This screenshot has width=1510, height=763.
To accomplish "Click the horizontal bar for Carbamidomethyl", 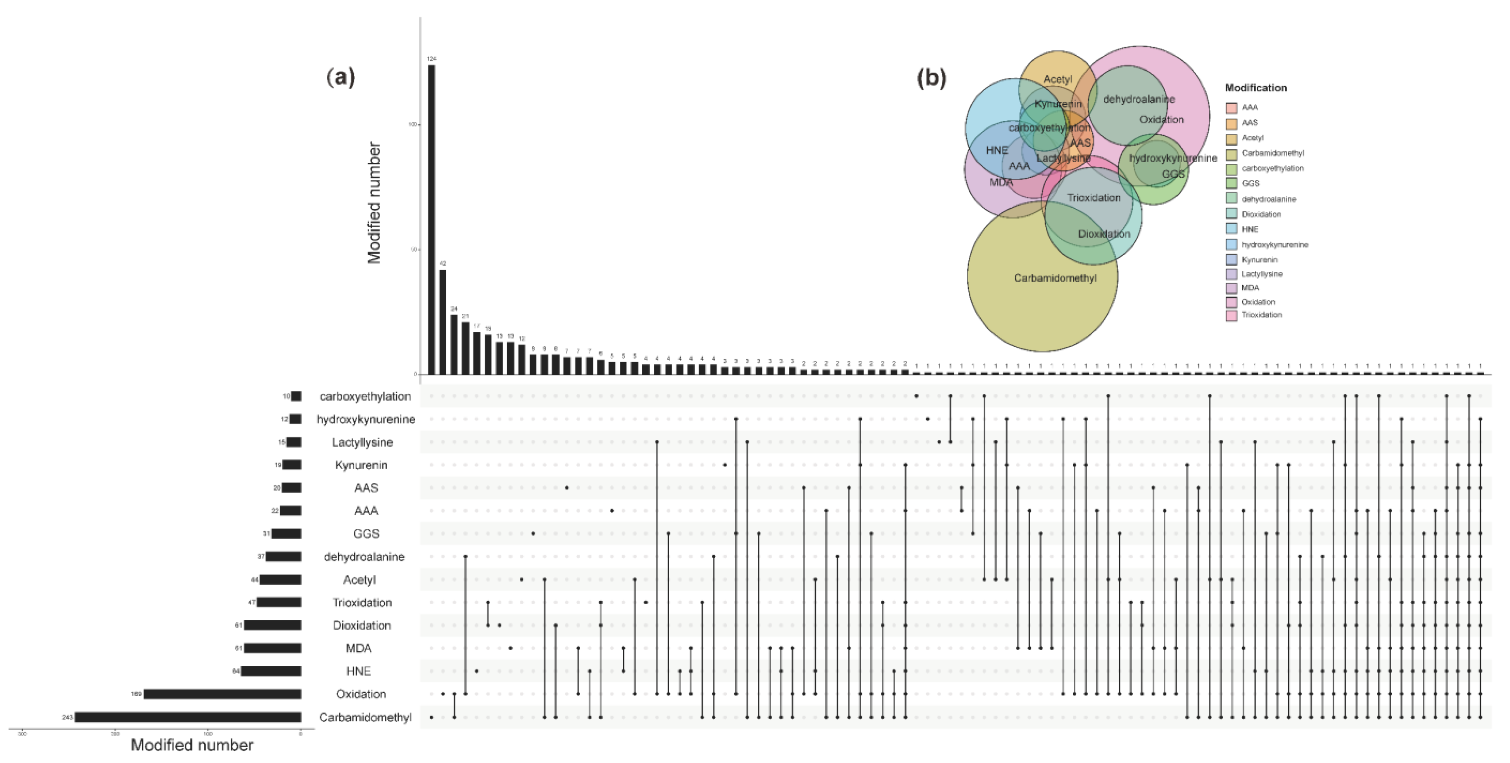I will (187, 717).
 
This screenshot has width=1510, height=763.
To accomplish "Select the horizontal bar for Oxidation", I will (223, 694).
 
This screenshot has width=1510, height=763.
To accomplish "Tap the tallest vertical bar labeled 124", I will (432, 220).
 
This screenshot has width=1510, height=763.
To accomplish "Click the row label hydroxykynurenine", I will (366, 419).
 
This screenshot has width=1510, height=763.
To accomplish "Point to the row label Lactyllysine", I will (362, 442).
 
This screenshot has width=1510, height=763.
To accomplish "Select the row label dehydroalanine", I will (364, 557).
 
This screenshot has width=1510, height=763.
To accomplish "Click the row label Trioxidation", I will (362, 602).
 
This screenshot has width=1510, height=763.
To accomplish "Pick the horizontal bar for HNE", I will (271, 671).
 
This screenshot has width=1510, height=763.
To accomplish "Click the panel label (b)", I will (931, 77).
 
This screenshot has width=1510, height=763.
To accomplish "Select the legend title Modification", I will (1255, 87).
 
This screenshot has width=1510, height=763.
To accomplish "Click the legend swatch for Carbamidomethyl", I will (1232, 153).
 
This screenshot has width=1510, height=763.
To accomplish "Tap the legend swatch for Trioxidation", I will (1232, 315).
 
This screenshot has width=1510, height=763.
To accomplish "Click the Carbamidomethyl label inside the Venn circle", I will (1055, 278).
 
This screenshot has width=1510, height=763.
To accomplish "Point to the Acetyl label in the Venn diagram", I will (1057, 79).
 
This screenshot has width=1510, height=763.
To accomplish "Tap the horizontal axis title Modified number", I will (192, 745).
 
